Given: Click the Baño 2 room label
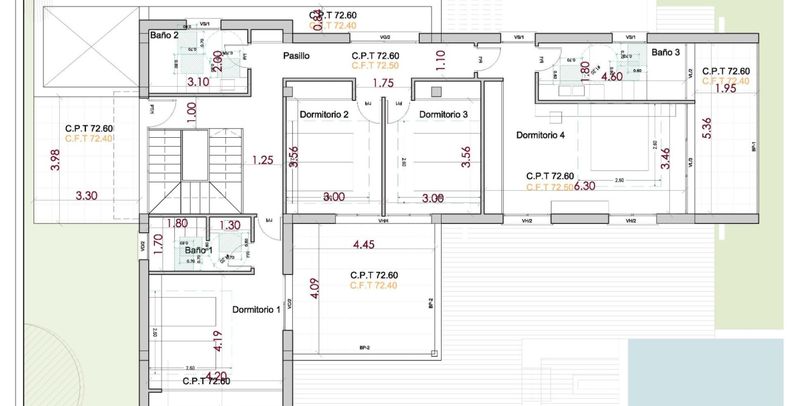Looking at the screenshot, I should click(x=164, y=35).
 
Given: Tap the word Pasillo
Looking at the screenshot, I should click(x=296, y=56).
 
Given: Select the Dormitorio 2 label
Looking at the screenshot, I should click(x=324, y=115).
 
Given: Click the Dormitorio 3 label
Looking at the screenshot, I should click(x=443, y=115).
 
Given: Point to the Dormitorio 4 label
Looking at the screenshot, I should click(x=540, y=135).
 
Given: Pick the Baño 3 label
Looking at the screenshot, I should click(x=665, y=53).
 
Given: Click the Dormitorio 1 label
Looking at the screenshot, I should click(x=256, y=310).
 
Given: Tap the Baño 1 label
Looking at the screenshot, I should click(x=198, y=250).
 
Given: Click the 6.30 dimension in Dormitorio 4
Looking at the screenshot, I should click(x=585, y=186).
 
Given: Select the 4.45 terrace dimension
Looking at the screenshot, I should click(x=364, y=245).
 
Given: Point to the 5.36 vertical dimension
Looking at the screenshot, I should click(x=707, y=128).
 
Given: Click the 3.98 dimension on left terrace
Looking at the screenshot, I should click(x=55, y=159).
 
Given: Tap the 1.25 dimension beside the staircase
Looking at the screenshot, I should click(x=263, y=160).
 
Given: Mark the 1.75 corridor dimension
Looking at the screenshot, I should click(x=383, y=83).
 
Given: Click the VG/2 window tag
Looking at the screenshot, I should click(x=385, y=37).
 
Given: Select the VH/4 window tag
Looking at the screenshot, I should click(x=383, y=221).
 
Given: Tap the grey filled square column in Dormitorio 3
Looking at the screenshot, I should click(x=436, y=91).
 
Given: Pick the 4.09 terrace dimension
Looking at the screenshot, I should click(x=315, y=288).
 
